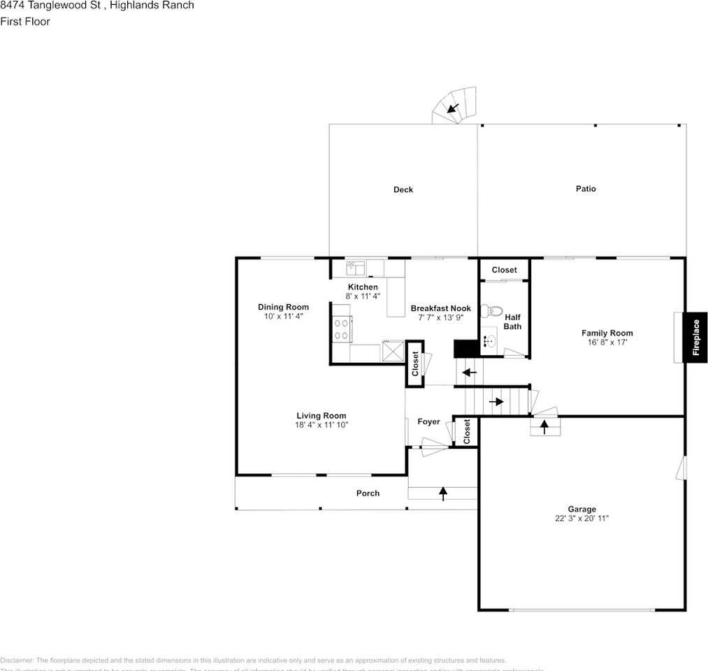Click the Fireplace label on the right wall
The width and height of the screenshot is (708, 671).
[x=696, y=338]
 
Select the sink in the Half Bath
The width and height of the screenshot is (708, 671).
[x=491, y=342]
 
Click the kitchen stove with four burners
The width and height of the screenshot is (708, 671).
[x=341, y=329]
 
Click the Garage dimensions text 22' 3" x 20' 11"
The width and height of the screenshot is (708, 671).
[x=581, y=519]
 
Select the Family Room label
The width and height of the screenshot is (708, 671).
[x=607, y=333]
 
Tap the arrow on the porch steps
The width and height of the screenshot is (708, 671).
[x=442, y=493]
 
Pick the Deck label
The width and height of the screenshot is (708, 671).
[x=403, y=189]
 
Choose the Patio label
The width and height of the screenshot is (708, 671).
[x=586, y=189]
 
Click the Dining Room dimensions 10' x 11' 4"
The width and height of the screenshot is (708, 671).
[x=283, y=317]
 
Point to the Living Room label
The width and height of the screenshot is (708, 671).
[x=321, y=416]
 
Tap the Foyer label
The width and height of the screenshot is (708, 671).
[x=428, y=421]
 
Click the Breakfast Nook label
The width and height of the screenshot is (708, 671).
[x=440, y=308]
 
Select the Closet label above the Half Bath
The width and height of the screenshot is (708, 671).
[x=504, y=270]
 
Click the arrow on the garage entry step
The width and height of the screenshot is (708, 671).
[x=543, y=425]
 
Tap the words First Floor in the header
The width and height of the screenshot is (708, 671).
[x=25, y=22]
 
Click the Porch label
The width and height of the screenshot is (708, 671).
[x=368, y=493]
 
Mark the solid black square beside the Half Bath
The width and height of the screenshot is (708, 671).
[x=464, y=348]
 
